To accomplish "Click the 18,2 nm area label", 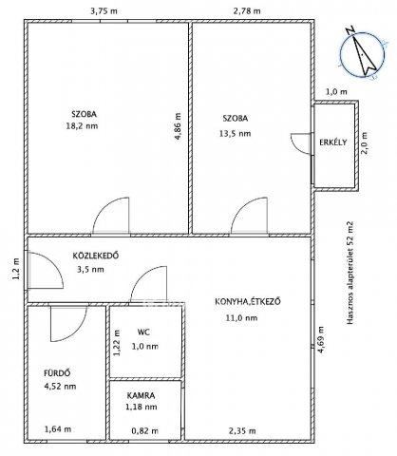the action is point(82,126).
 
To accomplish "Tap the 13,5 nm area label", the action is point(235,134).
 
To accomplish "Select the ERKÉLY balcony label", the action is point(333,142).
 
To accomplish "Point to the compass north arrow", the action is point(362,52).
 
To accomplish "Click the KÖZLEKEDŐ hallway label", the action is point(96,256).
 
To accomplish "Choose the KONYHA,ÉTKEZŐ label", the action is point(248,301).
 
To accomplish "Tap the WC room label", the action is point(143,332).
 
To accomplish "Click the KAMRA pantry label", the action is point(141,395).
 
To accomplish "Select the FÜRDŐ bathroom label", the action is point(57,373).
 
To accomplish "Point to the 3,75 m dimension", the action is point(104,11).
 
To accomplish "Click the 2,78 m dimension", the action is point(247,11).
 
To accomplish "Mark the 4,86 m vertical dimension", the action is point(178,126).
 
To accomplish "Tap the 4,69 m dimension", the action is point(321,340).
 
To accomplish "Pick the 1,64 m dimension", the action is point(58,429).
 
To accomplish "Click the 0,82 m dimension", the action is point(145,430).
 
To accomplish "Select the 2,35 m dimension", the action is point(242,430).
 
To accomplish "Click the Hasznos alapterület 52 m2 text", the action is point(350,273).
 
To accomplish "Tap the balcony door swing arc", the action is point(297,147).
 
